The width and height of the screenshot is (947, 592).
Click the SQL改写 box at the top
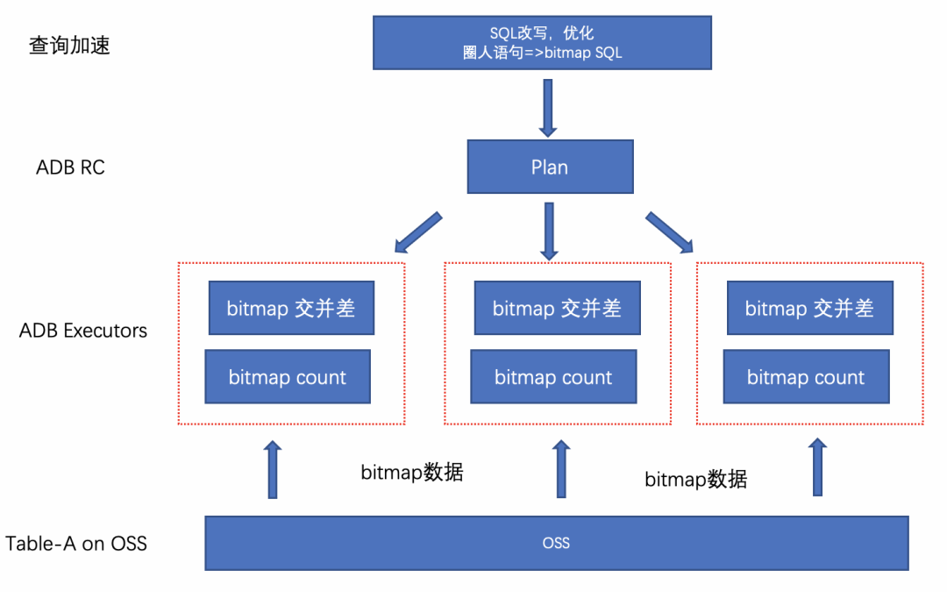(541, 42)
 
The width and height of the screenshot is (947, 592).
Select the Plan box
(550, 167)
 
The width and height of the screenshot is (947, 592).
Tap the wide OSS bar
(556, 543)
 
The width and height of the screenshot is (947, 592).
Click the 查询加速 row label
(70, 46)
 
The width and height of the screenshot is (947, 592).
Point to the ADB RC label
(70, 168)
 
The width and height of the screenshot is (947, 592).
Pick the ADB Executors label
(83, 331)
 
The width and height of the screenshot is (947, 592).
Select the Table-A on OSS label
(76, 544)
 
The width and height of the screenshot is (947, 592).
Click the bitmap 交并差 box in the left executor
(291, 308)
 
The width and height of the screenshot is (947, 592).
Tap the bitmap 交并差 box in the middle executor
(557, 308)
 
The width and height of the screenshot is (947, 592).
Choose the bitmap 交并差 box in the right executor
(809, 308)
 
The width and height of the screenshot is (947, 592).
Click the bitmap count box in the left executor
(288, 377)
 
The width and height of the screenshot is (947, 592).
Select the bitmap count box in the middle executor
(553, 377)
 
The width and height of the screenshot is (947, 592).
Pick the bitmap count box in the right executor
(806, 377)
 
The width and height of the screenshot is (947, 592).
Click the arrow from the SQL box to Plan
(548, 107)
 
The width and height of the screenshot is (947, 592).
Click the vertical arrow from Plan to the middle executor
(549, 231)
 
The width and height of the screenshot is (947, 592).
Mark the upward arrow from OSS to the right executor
(817, 467)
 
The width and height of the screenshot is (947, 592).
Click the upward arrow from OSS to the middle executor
(561, 469)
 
